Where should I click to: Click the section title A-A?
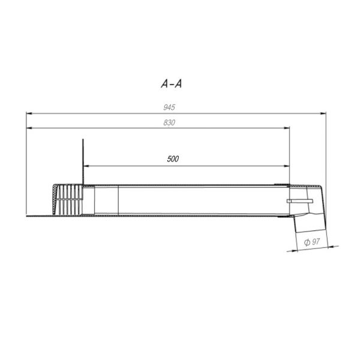171,84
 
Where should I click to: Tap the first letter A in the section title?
164,84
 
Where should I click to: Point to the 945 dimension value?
169,107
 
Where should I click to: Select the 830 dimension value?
169,122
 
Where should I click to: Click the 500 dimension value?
173,159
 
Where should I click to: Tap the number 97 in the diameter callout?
316,242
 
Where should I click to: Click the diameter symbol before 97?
307,242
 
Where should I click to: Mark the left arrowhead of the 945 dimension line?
29,113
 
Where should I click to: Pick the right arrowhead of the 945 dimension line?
323,113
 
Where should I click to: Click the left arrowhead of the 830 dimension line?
29,128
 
